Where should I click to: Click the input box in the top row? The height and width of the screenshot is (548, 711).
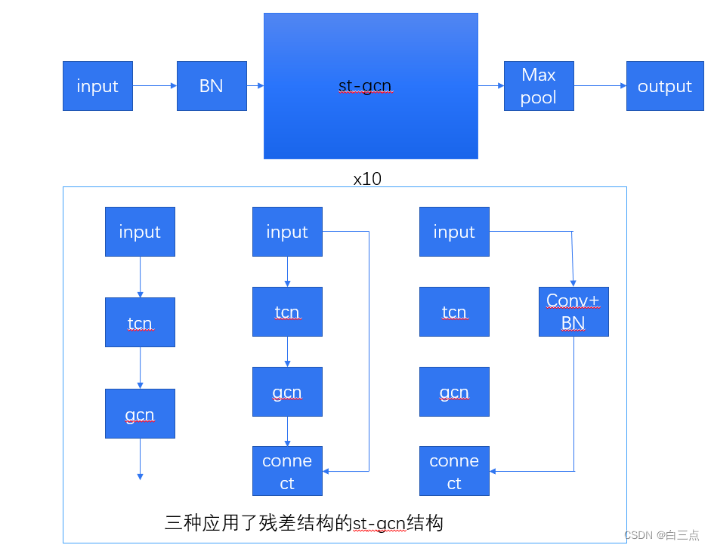[97, 86]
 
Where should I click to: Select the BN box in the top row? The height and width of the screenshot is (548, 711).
[212, 86]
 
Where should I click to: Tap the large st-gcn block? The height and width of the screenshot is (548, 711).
[370, 86]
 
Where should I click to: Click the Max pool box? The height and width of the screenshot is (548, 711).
[539, 86]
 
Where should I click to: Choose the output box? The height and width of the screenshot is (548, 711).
[664, 86]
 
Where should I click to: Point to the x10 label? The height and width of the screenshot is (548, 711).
[367, 179]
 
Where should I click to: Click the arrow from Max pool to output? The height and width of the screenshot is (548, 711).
[600, 86]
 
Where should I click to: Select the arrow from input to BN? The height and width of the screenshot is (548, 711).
[155, 86]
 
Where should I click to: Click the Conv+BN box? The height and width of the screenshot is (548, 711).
[573, 311]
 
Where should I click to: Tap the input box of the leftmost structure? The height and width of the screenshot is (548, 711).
[140, 232]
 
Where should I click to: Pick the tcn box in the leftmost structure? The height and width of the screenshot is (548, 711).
[140, 322]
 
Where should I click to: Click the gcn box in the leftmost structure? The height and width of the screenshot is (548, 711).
[140, 414]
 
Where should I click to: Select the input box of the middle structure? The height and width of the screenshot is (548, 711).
[287, 232]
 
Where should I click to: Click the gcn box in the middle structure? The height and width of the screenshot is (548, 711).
[287, 392]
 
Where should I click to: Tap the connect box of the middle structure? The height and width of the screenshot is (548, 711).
[287, 471]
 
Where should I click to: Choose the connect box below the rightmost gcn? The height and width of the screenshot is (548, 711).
[454, 471]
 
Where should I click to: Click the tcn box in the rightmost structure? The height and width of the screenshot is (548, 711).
[454, 311]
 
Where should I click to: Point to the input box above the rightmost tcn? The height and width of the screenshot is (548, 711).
[454, 232]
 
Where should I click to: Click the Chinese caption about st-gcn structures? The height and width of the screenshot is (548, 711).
[304, 522]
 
